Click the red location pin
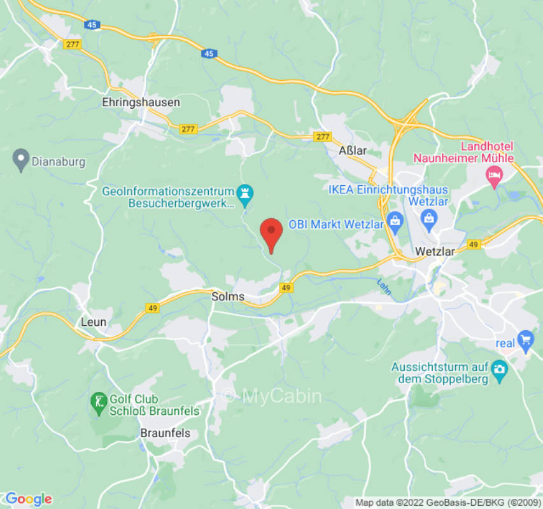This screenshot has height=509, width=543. tap(272, 233)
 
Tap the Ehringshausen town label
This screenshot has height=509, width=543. tap(141, 102)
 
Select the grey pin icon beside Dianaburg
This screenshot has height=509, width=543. tap(22, 160)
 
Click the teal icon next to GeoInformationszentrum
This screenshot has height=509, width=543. tap(244, 191)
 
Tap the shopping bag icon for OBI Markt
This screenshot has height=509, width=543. tap(395, 221)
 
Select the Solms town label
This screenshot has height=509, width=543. tap(228, 296)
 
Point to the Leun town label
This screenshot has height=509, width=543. tap(94, 322)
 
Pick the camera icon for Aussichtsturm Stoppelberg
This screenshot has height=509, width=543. tap(500, 368)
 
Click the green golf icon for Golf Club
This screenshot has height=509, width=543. tap(98, 402)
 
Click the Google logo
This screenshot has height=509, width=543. tap(28, 499)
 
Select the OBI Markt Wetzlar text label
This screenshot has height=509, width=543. tap(336, 225)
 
